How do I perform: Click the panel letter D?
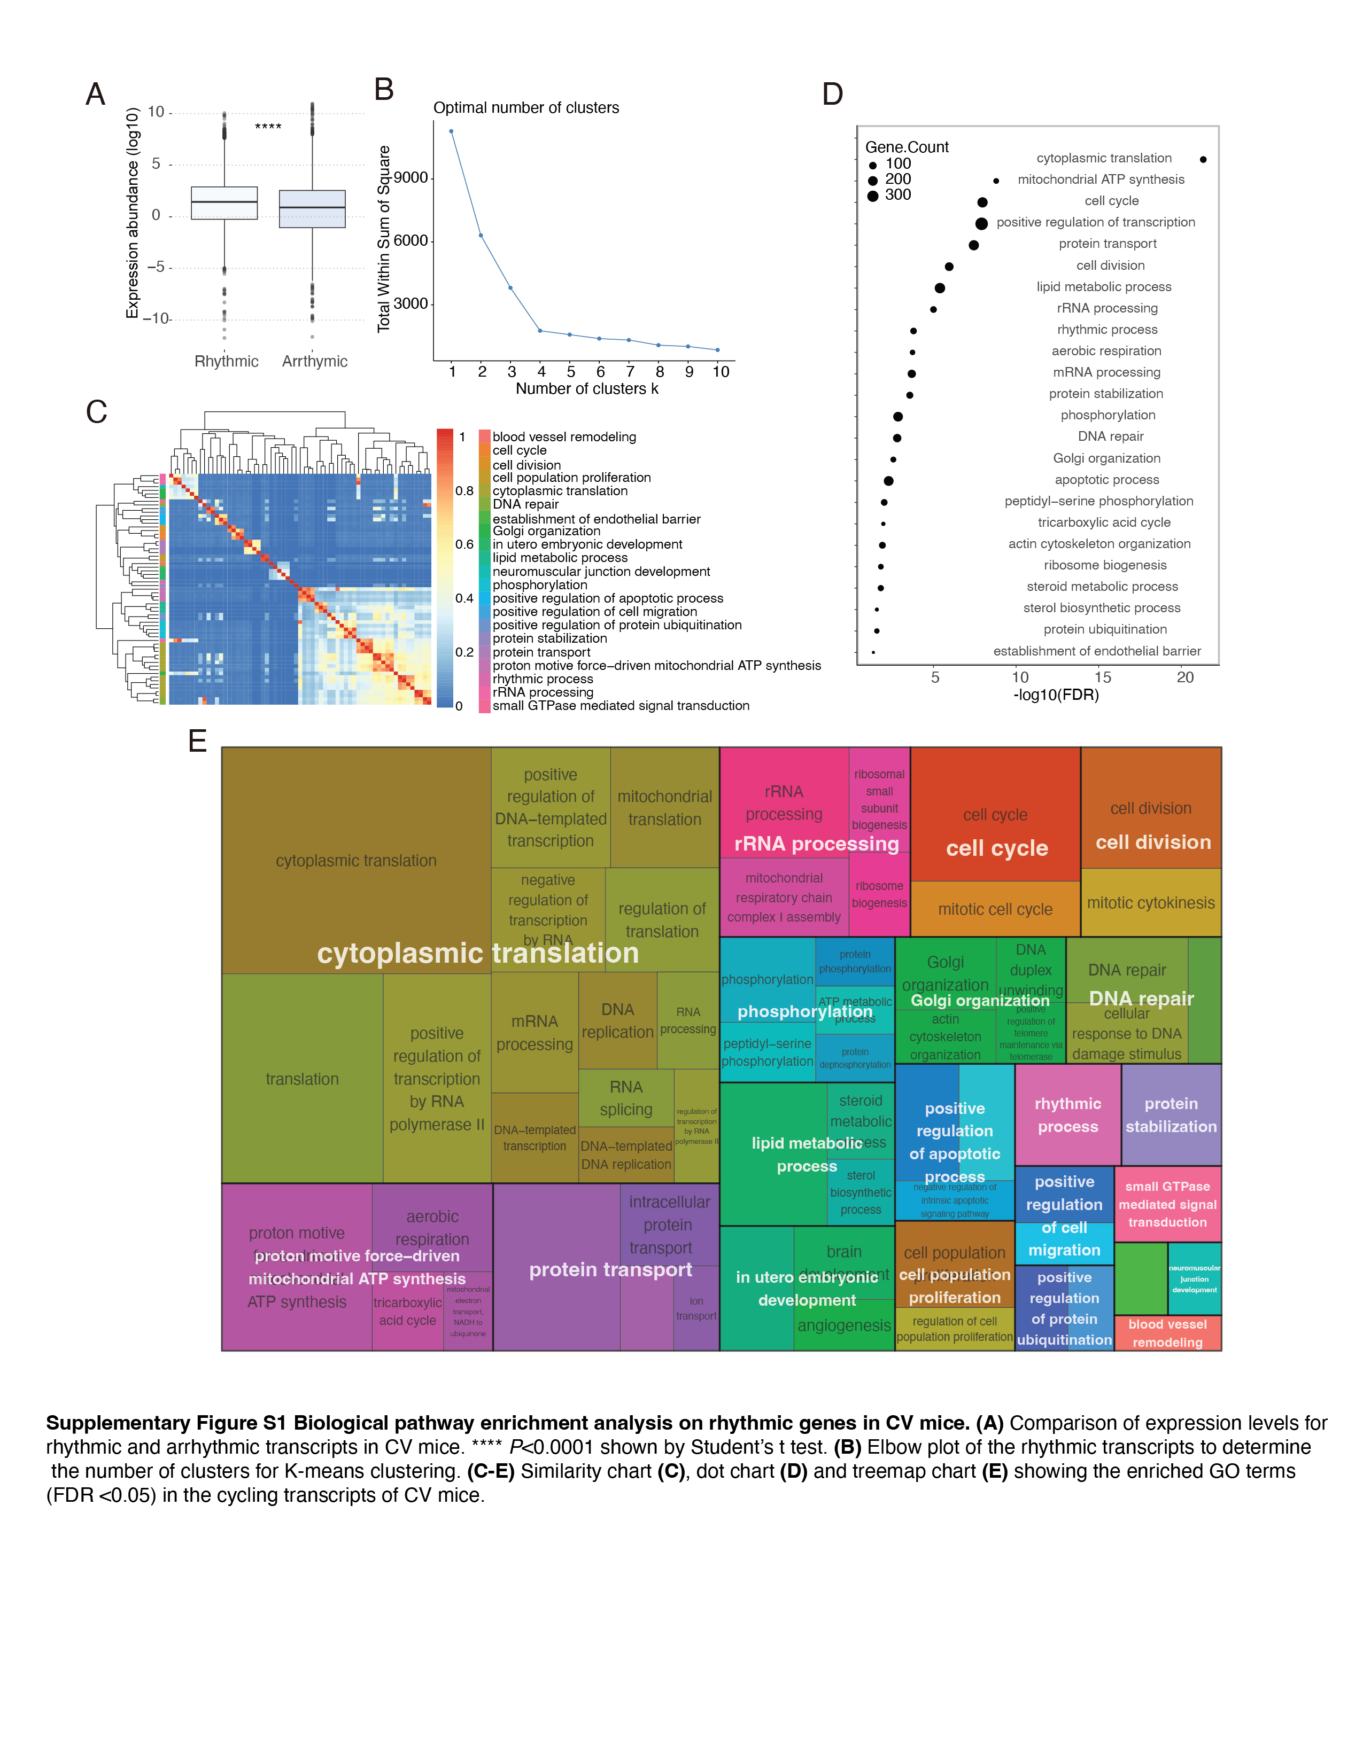click(832, 95)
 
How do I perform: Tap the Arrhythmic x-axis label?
click(314, 362)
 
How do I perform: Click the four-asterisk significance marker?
click(268, 127)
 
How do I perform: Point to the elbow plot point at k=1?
click(451, 131)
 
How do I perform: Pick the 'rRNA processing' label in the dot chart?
click(1106, 308)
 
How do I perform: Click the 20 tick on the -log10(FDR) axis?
click(1184, 677)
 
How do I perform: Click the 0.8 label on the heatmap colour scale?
click(464, 491)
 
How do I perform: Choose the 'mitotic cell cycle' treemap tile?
click(995, 909)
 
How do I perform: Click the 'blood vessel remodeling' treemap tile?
click(1167, 1333)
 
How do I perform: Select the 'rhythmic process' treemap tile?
click(1067, 1115)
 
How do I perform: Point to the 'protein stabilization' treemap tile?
click(1170, 1115)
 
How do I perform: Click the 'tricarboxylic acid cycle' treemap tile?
click(408, 1311)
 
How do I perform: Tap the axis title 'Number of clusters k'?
click(587, 389)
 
